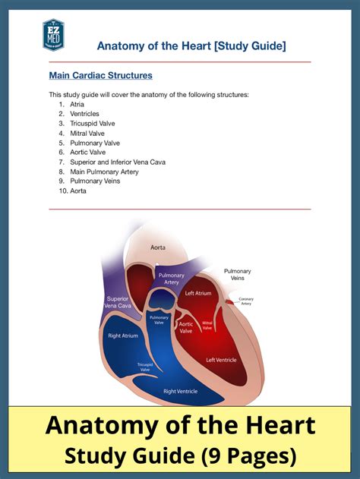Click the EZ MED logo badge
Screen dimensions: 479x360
coord(53,35)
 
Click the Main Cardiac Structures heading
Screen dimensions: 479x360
coord(100,76)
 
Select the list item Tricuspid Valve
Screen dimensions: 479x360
coord(93,123)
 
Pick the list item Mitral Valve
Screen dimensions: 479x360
coord(87,133)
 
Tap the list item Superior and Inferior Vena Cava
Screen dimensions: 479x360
coord(118,162)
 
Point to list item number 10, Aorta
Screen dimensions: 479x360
coord(78,191)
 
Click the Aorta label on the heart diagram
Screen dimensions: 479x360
coord(158,247)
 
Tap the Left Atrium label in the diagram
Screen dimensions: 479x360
coord(197,293)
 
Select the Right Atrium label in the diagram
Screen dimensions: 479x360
coord(123,334)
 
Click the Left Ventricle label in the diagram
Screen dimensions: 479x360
coord(221,360)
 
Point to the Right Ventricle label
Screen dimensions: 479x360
coord(181,392)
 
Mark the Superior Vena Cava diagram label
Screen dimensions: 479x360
coord(118,302)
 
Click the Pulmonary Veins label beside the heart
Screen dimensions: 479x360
coord(237,275)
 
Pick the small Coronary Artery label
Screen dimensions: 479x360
coord(246,301)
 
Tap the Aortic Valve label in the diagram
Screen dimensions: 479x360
coord(185,327)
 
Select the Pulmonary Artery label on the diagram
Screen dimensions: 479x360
coord(171,279)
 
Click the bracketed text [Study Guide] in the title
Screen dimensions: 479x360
coord(251,46)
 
